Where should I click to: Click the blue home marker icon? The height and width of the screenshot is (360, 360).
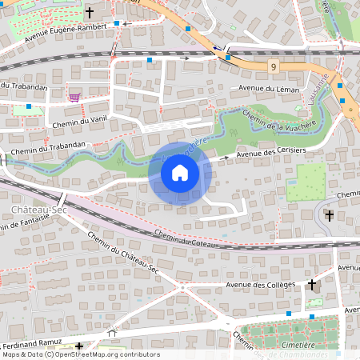[x=180, y=173]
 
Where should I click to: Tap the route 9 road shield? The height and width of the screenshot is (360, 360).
[x=274, y=66]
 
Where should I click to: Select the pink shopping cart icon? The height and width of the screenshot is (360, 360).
[x=74, y=98]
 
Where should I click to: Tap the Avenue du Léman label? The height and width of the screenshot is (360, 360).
[x=268, y=88]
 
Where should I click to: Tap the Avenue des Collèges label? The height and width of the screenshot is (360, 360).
[x=261, y=285]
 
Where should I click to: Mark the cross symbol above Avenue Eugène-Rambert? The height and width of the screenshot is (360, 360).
[x=89, y=13]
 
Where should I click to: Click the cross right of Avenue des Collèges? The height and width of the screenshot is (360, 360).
[x=312, y=284]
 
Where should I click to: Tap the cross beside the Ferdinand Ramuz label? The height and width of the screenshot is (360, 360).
[x=79, y=346]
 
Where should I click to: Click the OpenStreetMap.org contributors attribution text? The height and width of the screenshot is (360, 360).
[x=109, y=354]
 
